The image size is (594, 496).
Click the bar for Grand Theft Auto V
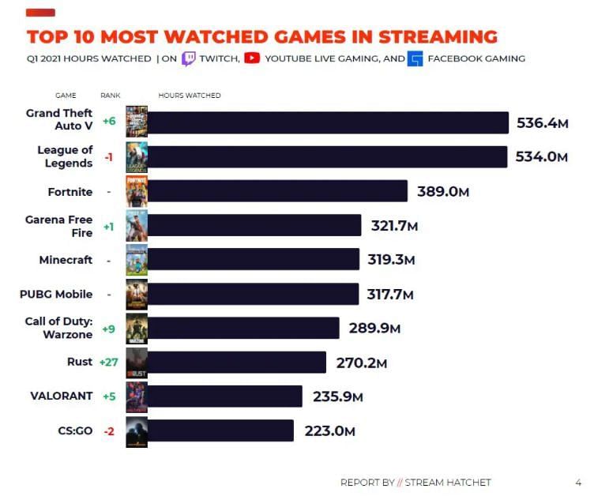tap(328, 123)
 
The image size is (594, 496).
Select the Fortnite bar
tap(277, 191)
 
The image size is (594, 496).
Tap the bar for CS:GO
tap(220, 430)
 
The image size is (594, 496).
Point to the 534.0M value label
tap(542, 157)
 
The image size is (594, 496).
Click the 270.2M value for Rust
tap(361, 363)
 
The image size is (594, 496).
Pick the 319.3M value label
tap(391, 259)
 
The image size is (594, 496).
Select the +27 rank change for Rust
tap(108, 362)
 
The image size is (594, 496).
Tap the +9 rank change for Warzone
tap(108, 328)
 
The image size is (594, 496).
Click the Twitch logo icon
tap(189, 58)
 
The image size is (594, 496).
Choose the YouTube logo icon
tap(252, 58)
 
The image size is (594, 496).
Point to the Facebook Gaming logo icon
tap(415, 58)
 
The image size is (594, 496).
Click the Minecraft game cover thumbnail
tap(137, 260)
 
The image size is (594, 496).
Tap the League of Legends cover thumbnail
tap(137, 157)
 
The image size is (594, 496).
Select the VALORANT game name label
tap(62, 396)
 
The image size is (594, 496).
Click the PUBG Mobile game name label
tap(56, 294)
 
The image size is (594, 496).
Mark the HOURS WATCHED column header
tap(190, 96)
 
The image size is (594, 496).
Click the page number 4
tap(578, 483)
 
